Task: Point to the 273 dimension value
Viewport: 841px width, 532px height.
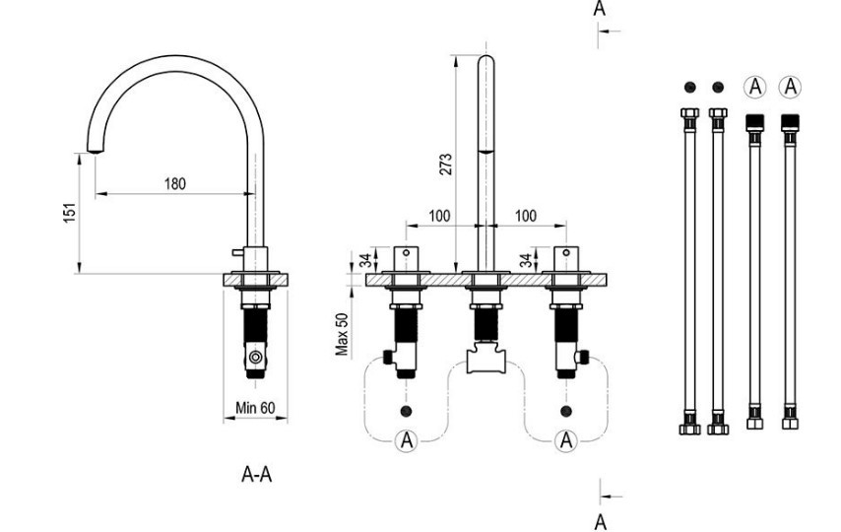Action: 445,163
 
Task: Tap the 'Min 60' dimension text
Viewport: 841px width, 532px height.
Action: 255,408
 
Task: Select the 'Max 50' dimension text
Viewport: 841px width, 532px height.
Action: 342,336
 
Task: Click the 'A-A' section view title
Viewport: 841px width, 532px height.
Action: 257,475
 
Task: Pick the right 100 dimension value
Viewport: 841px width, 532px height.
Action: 526,216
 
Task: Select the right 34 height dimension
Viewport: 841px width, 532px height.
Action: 526,260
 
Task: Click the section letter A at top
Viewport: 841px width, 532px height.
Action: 600,9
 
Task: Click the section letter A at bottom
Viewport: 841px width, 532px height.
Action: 600,521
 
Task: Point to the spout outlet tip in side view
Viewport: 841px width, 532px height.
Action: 95,150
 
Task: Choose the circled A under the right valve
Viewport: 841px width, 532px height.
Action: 565,440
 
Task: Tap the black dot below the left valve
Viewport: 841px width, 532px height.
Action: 405,409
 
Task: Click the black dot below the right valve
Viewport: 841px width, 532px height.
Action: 565,409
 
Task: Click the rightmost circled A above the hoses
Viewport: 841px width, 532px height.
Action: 789,87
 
